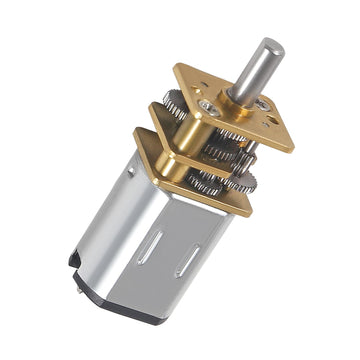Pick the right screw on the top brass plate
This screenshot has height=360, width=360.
pyautogui.click(x=262, y=104)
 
